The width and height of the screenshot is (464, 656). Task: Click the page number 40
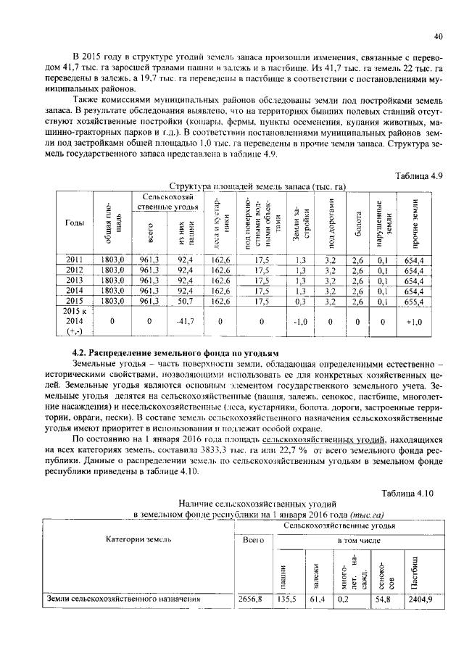[x=437, y=36]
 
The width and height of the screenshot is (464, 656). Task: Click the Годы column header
[x=75, y=223]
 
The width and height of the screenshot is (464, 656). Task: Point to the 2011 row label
[x=75, y=259]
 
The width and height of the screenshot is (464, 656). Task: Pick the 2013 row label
[x=75, y=280]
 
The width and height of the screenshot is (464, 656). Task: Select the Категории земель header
[x=138, y=540]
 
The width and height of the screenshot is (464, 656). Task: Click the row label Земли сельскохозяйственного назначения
[x=123, y=600]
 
